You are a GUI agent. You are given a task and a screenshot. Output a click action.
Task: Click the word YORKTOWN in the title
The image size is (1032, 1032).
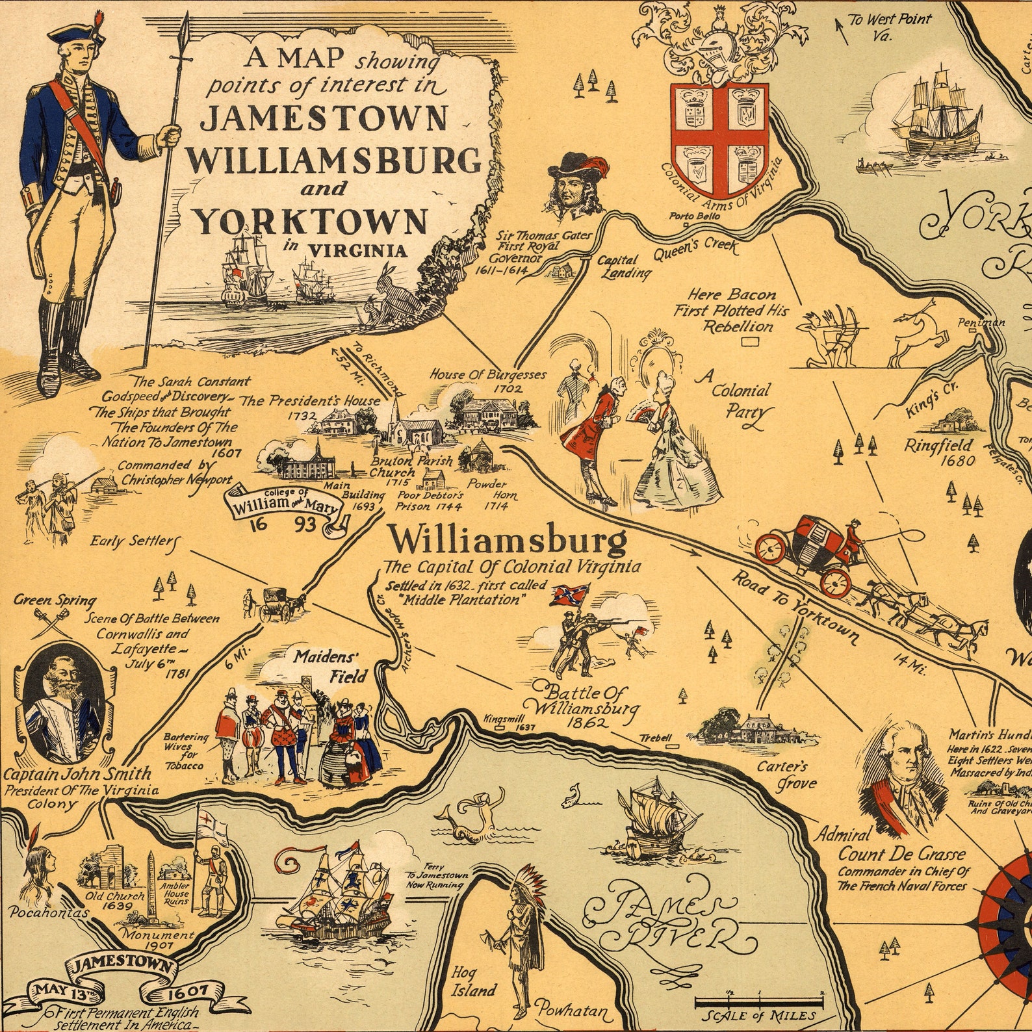pos(311,222)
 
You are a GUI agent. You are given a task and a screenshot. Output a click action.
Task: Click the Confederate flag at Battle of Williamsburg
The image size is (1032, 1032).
pos(569,595)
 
